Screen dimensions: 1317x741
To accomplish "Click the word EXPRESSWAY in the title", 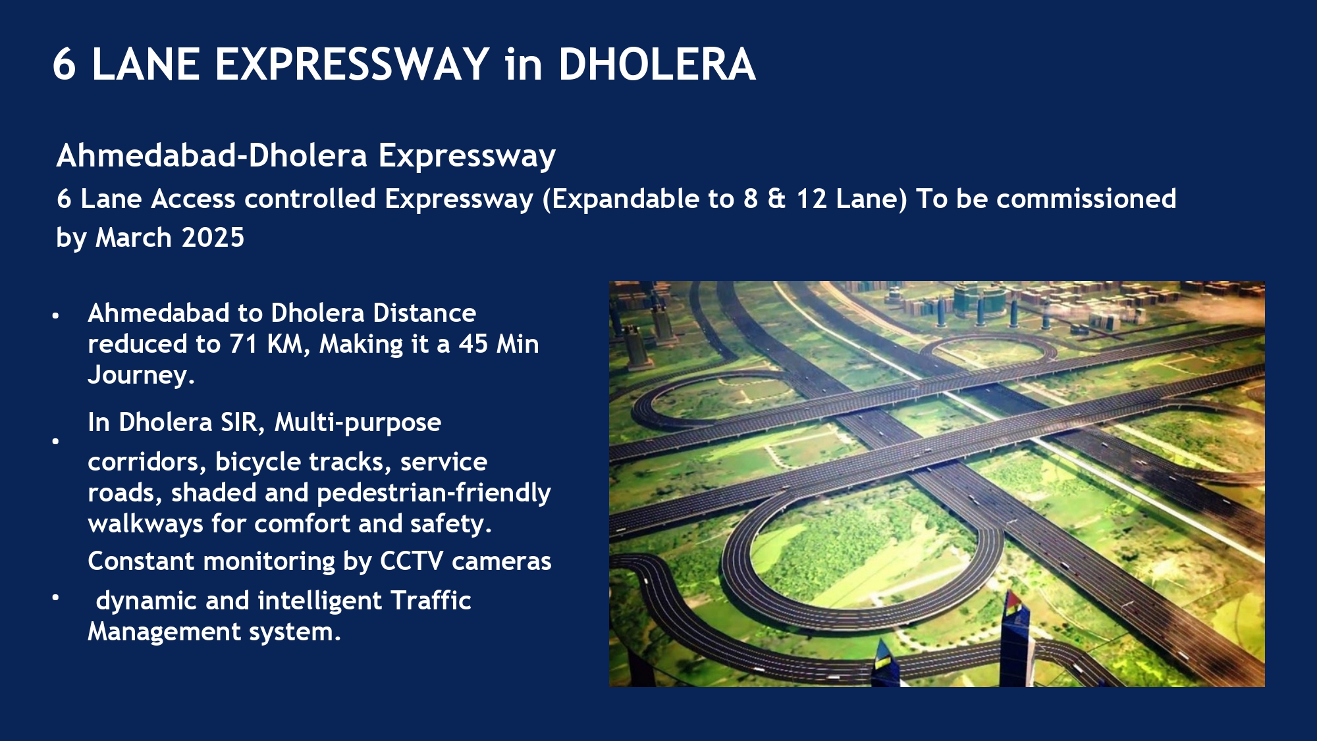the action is pos(352,64).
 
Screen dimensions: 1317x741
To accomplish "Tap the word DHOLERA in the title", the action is pos(657,64).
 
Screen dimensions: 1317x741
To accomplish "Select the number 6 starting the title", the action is pos(64,64).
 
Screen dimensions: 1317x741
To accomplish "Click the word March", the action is pos(134,238).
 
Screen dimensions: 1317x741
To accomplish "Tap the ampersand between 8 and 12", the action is pos(777,199).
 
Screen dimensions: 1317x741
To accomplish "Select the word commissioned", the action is pos(1086,199).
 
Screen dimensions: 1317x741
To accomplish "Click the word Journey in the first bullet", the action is pos(138,376).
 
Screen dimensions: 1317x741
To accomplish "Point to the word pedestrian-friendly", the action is pos(434,494).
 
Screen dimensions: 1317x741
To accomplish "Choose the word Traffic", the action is pos(431,601).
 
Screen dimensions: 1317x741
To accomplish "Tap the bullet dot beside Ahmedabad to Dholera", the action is pos(56,316).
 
